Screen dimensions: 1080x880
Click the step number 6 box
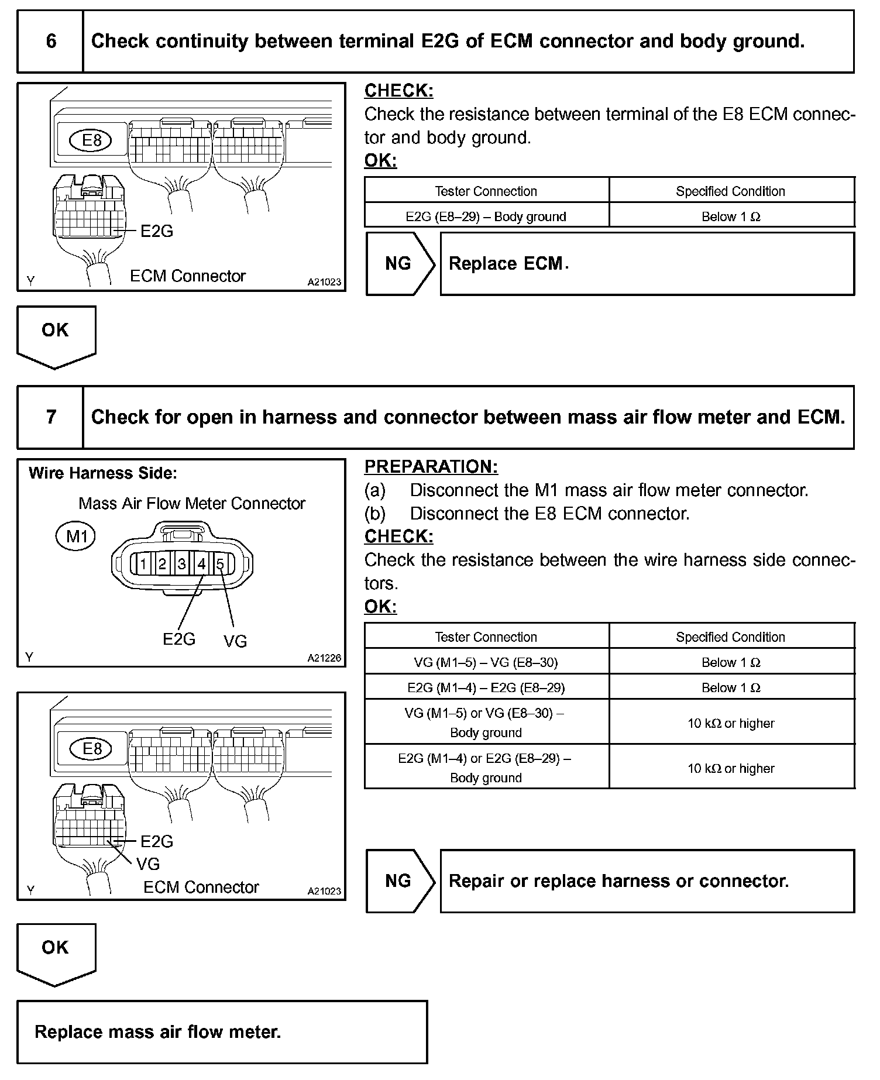(x=51, y=41)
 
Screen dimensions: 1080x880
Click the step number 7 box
(x=51, y=417)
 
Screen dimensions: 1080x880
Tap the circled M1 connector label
(x=76, y=536)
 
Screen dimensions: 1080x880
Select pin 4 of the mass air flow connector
(x=201, y=564)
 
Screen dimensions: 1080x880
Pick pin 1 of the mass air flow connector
(x=143, y=564)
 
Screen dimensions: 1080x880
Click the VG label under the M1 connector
(x=235, y=642)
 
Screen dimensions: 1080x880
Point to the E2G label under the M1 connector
(x=179, y=639)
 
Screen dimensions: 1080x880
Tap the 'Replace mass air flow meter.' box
(x=222, y=1031)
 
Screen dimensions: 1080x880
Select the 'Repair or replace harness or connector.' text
(x=618, y=881)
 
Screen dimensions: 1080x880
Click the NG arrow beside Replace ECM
(x=400, y=264)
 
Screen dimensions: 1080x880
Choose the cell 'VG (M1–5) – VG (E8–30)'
(x=486, y=662)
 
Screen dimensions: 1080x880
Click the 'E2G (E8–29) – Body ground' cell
(x=486, y=216)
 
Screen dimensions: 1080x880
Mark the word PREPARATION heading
(x=431, y=467)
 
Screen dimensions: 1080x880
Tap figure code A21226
(x=324, y=658)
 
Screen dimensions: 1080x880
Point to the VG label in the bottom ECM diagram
(x=148, y=864)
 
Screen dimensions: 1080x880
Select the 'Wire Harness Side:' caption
(x=103, y=473)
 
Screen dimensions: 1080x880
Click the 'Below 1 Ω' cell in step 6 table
(x=731, y=216)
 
